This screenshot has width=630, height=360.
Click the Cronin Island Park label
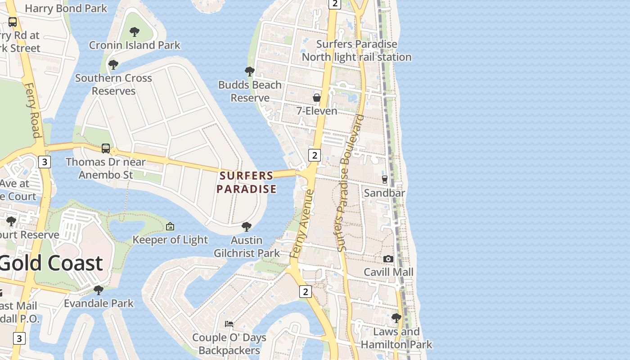tap(135, 45)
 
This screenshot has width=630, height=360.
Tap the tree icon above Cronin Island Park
tap(134, 31)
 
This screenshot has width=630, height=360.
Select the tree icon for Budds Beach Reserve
tap(249, 71)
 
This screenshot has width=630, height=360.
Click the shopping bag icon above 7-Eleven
tap(317, 98)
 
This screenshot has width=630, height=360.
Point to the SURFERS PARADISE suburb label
tap(246, 182)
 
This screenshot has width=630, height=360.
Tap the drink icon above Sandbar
tap(384, 179)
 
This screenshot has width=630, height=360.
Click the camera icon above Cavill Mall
tap(388, 259)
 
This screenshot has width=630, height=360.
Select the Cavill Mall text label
tap(388, 272)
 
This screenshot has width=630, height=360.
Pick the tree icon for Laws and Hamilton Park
tap(396, 318)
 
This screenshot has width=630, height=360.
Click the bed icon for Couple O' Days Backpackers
tap(229, 324)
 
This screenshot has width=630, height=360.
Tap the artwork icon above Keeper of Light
tap(170, 226)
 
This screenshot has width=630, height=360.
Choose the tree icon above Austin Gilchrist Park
tap(246, 226)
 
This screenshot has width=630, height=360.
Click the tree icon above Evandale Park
tap(99, 290)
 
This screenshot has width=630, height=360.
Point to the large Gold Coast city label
tap(51, 263)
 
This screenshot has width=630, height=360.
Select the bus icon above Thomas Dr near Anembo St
tap(106, 148)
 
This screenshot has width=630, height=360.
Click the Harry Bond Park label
tap(66, 8)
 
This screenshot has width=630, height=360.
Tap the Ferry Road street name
tap(33, 110)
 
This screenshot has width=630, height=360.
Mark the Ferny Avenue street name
tap(302, 224)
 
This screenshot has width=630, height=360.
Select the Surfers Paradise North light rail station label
tap(356, 50)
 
